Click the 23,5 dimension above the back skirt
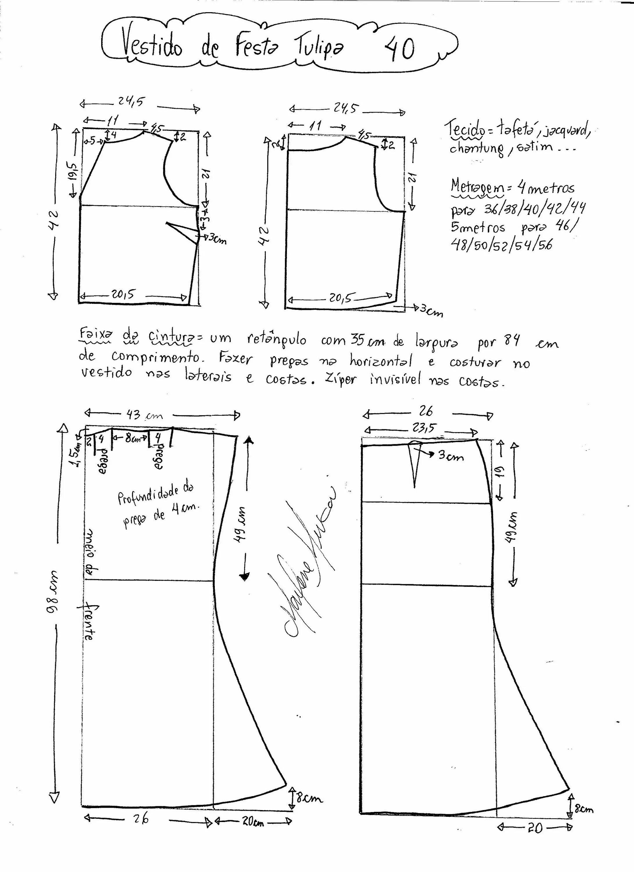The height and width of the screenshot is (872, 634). (x=423, y=428)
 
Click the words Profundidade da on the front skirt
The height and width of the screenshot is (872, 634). (x=156, y=493)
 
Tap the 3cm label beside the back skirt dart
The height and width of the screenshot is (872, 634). (x=451, y=456)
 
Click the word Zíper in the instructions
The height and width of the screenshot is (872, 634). (x=340, y=380)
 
